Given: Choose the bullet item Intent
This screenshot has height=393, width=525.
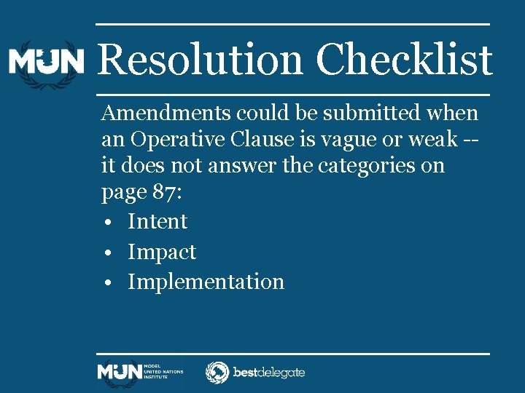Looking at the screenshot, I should (157, 221).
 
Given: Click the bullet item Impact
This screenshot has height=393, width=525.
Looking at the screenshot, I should (162, 253).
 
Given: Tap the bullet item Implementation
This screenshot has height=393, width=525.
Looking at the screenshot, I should (206, 282).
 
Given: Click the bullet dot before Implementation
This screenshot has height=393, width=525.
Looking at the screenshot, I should (107, 282).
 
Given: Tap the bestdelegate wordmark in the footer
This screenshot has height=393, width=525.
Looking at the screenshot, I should (268, 373).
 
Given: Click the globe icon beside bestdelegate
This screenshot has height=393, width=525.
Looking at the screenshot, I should (217, 373).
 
